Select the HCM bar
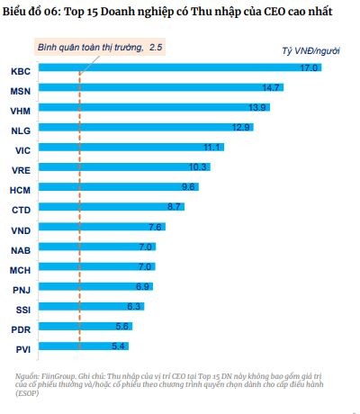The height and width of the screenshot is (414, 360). pos(117,188)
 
